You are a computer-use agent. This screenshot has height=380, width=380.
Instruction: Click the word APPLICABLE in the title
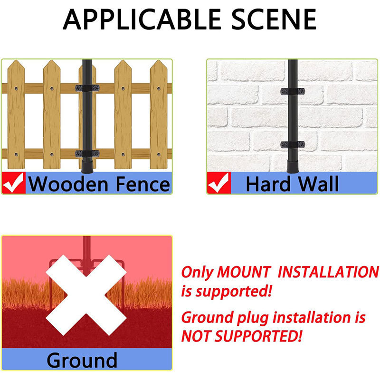click(142, 19)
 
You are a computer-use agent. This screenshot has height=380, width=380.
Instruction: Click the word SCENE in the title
click(274, 19)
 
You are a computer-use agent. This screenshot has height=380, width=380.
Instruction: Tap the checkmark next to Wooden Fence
click(14, 183)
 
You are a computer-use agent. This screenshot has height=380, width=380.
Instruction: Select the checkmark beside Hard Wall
click(219, 183)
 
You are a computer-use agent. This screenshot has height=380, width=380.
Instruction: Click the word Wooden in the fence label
click(68, 184)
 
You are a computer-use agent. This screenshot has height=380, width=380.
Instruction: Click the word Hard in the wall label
click(268, 184)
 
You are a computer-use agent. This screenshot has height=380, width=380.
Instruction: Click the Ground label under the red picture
click(82, 361)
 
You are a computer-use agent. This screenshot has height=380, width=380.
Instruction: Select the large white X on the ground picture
click(86, 295)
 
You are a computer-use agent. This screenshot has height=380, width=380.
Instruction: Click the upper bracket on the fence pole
click(87, 88)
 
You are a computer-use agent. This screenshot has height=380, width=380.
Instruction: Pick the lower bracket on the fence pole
click(87, 153)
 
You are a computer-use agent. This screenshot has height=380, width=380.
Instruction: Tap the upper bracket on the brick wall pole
click(293, 91)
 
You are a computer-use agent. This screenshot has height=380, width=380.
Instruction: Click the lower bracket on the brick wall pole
click(293, 145)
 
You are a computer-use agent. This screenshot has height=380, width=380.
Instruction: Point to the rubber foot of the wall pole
click(293, 166)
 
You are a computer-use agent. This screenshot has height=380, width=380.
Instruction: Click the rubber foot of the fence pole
click(87, 166)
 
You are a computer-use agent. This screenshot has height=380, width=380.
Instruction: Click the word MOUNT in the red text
click(244, 272)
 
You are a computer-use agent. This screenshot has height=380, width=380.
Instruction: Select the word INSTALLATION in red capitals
click(328, 272)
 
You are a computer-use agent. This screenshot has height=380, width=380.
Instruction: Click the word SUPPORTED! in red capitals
click(258, 336)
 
